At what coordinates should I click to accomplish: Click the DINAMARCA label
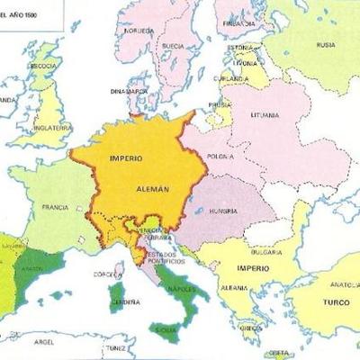point(129,91)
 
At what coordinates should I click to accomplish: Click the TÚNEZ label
point(115,346)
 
